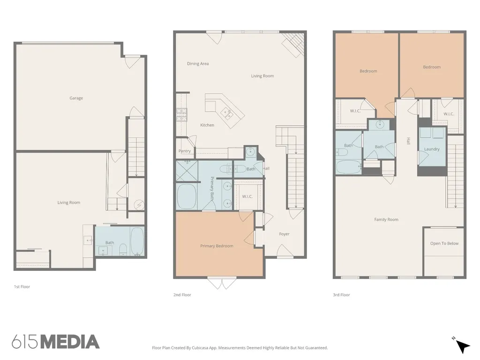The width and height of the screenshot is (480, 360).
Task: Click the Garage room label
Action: click(76, 98)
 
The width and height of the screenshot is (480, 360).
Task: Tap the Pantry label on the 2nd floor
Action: click(185, 151)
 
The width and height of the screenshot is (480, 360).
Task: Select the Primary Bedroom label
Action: click(217, 246)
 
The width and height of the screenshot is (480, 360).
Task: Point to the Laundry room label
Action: click(432, 149)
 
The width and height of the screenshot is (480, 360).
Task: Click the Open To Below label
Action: click(444, 243)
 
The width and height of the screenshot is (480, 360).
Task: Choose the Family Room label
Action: click(386, 219)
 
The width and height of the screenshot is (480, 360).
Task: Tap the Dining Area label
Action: click(198, 64)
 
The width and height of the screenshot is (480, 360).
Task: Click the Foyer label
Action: click(284, 234)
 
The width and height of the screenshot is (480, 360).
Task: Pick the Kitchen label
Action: click(207, 125)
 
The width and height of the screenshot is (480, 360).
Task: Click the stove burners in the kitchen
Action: click(181, 115)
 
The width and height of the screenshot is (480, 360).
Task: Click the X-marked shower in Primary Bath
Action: click(187, 171)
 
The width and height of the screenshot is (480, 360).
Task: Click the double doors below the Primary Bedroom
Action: click(222, 283)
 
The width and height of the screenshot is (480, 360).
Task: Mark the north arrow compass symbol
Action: click(461, 345)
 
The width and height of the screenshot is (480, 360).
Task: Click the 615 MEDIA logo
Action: click(56, 342)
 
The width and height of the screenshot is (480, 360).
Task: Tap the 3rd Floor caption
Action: click(341, 295)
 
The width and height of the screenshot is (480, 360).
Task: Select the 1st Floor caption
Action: click(22, 287)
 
